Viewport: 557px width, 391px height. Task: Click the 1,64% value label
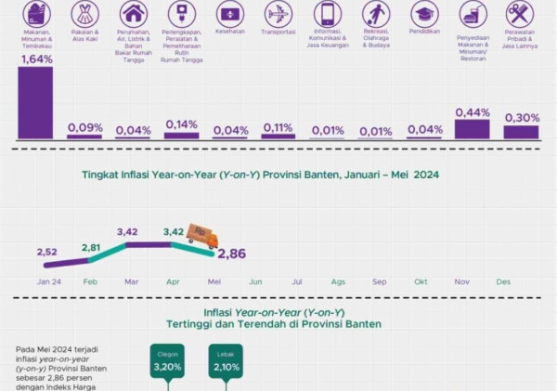click(x=35, y=59)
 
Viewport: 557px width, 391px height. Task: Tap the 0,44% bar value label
click(x=473, y=112)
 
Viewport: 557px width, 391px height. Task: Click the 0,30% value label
click(x=521, y=118)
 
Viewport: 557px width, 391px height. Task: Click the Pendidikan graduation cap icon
click(x=424, y=13)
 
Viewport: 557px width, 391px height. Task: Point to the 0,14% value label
click(x=182, y=124)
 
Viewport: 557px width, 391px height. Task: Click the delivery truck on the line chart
click(x=201, y=235)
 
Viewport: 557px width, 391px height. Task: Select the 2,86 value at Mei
click(x=232, y=254)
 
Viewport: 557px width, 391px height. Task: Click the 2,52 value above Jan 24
click(x=48, y=252)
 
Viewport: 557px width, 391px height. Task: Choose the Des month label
click(x=504, y=280)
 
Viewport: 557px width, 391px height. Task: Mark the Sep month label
click(x=380, y=280)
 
